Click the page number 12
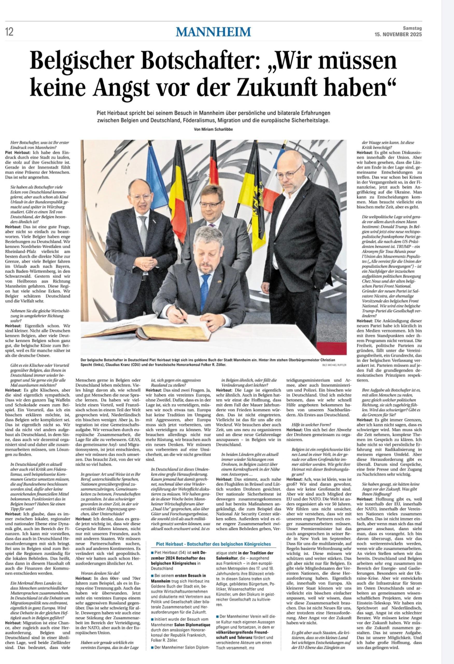(x=9, y=32)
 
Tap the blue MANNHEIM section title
(x=213, y=31)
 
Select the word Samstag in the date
(x=412, y=28)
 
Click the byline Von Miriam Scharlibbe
(x=213, y=129)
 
